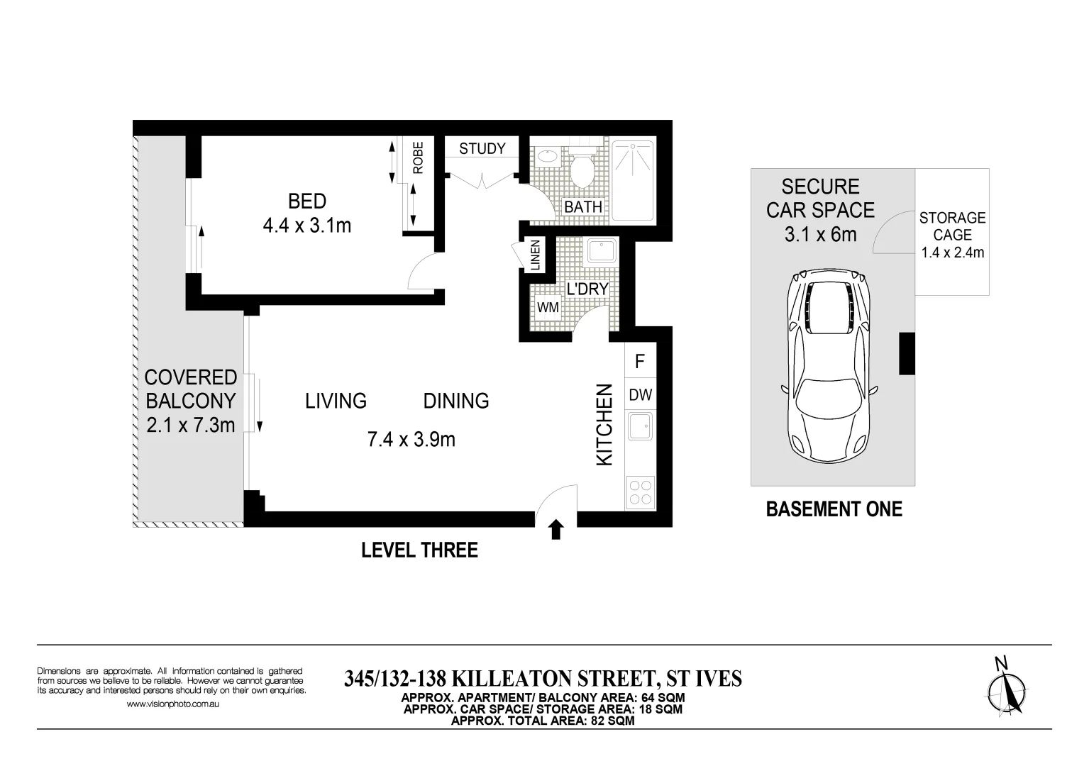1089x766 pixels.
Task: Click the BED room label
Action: [306, 201]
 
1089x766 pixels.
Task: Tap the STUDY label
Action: [482, 148]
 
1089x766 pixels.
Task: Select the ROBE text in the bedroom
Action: [418, 158]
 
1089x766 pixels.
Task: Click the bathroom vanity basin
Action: [547, 155]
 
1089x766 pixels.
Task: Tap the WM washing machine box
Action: [548, 308]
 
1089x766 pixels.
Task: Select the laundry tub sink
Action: [601, 251]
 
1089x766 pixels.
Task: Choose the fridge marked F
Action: [640, 362]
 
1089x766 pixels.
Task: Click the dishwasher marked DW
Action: [640, 396]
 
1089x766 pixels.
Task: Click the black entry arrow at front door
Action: [556, 529]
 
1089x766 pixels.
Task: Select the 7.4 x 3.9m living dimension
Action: [411, 440]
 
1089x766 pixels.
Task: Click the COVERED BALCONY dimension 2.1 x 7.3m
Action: [190, 425]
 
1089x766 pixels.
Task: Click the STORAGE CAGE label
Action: [952, 226]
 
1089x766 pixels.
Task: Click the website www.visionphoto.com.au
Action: [172, 704]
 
